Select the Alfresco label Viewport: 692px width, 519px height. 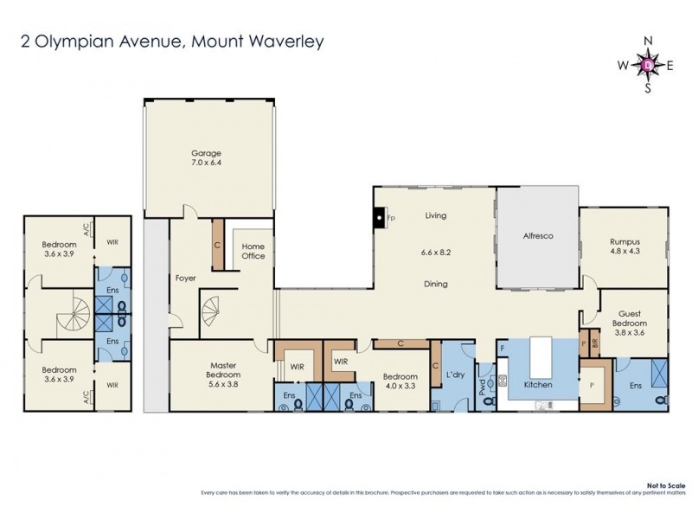coord(537,235)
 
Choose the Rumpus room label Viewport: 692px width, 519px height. coord(623,242)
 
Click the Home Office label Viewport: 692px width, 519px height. coord(253,251)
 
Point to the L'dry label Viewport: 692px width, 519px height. coord(455,376)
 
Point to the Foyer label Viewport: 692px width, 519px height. coord(184,278)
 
